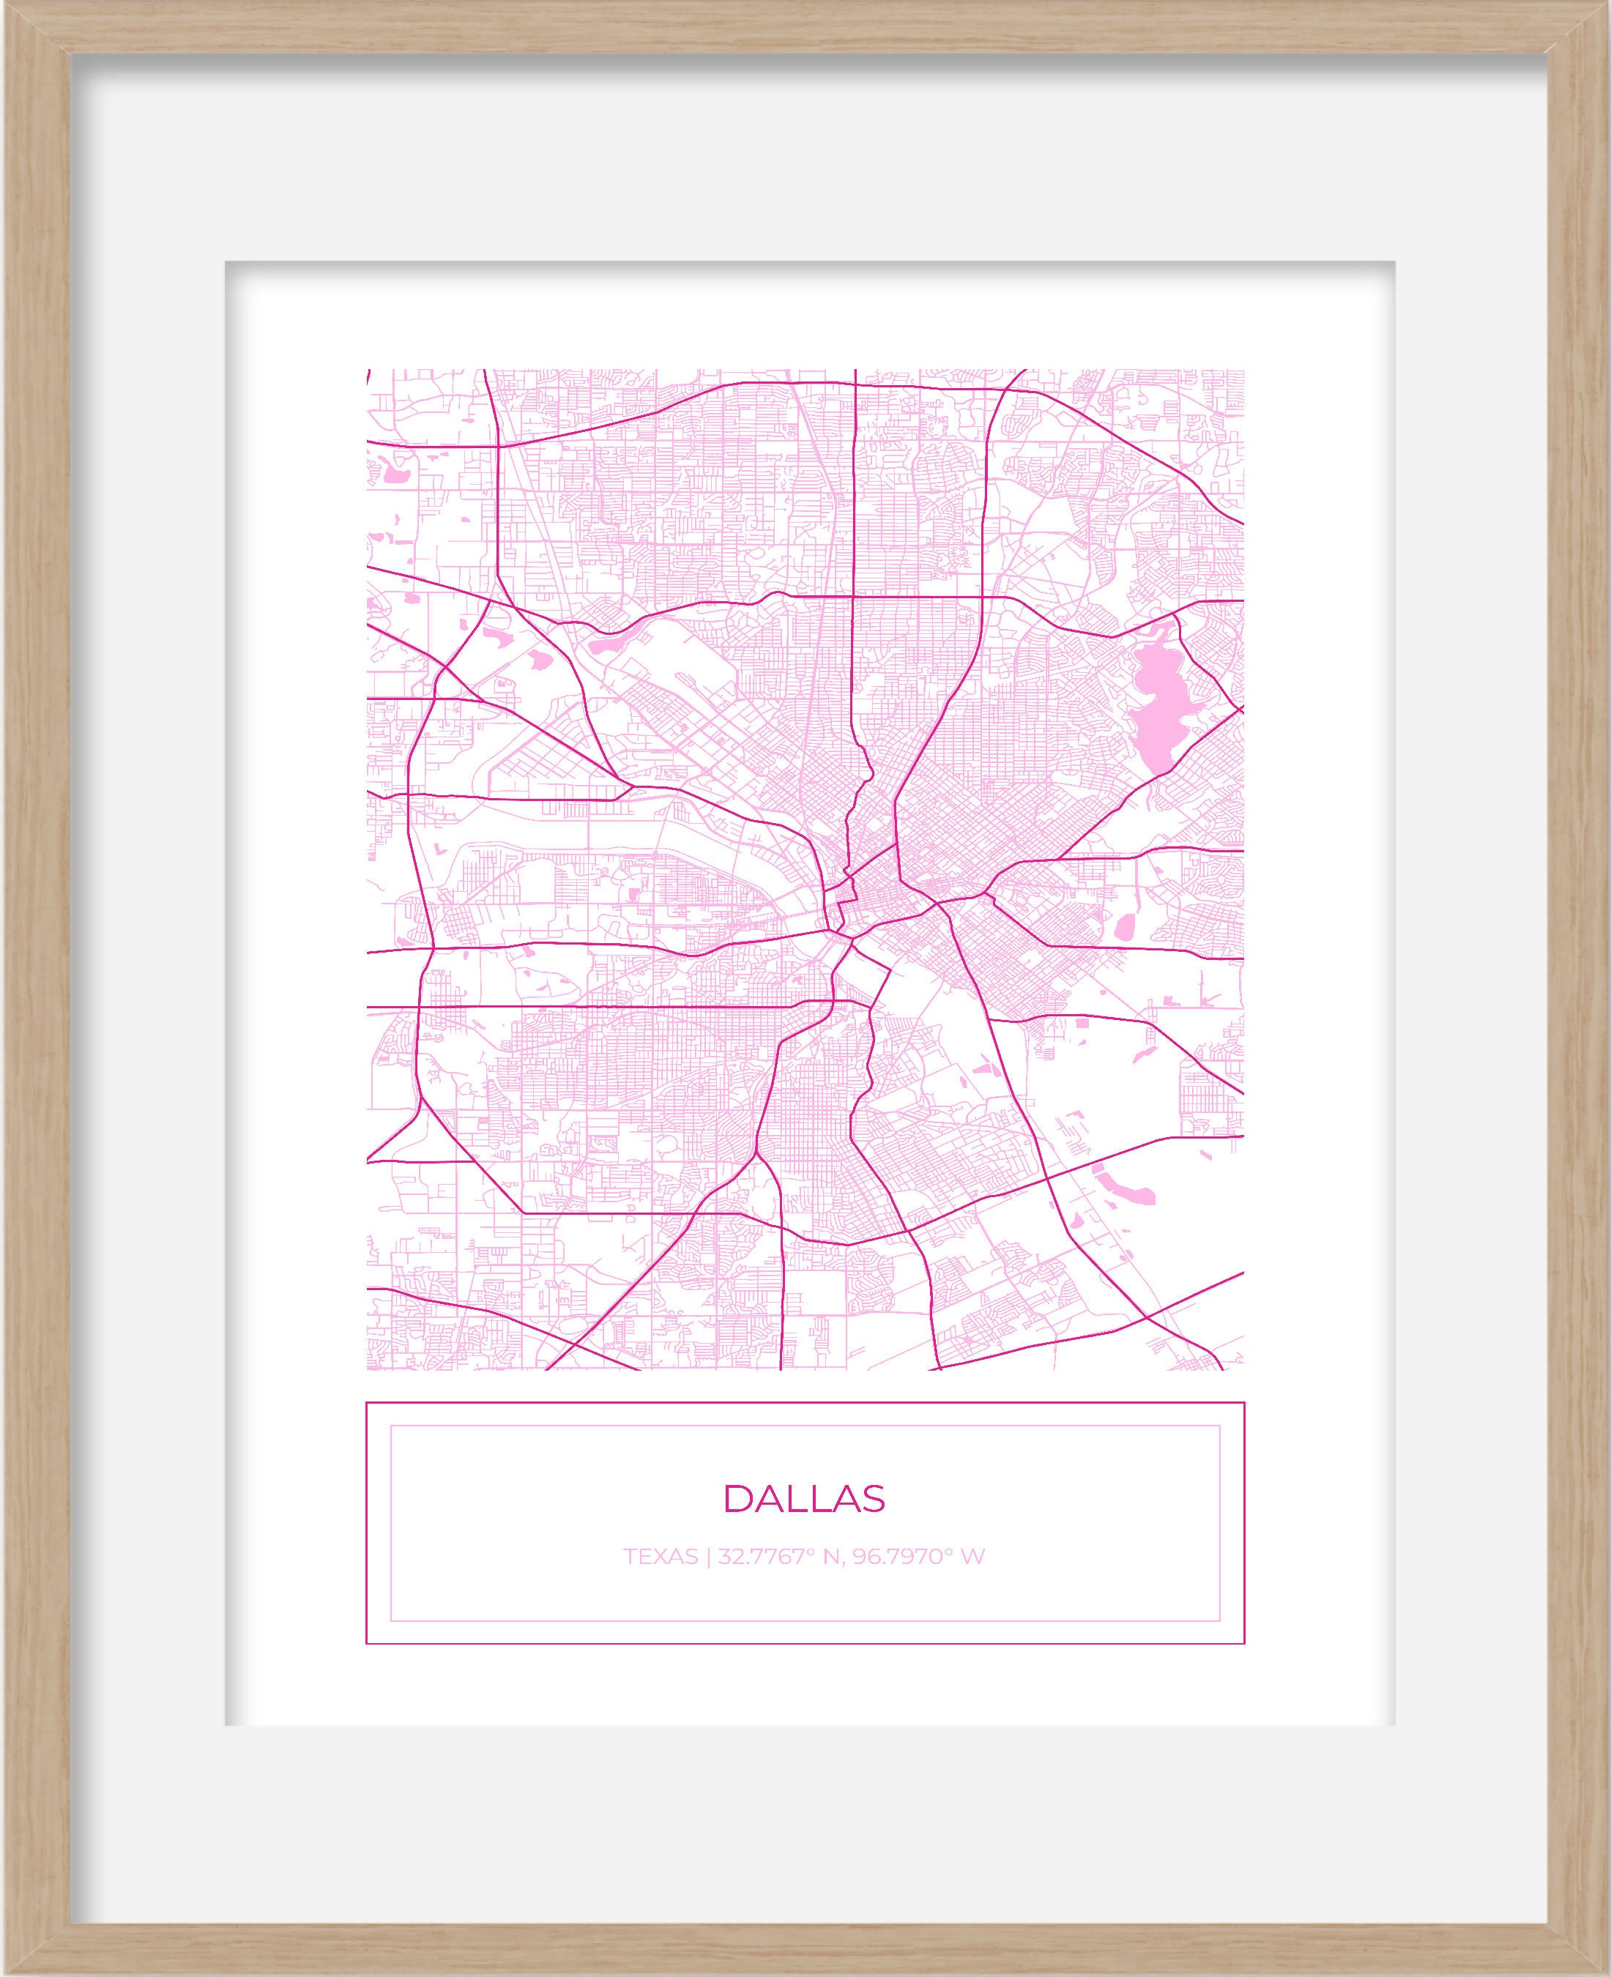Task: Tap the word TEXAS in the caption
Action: click(x=660, y=1556)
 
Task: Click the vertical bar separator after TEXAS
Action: click(x=708, y=1557)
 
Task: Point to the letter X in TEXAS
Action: click(x=660, y=1556)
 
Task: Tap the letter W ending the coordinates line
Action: click(x=972, y=1556)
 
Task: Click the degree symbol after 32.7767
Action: click(x=808, y=1550)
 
